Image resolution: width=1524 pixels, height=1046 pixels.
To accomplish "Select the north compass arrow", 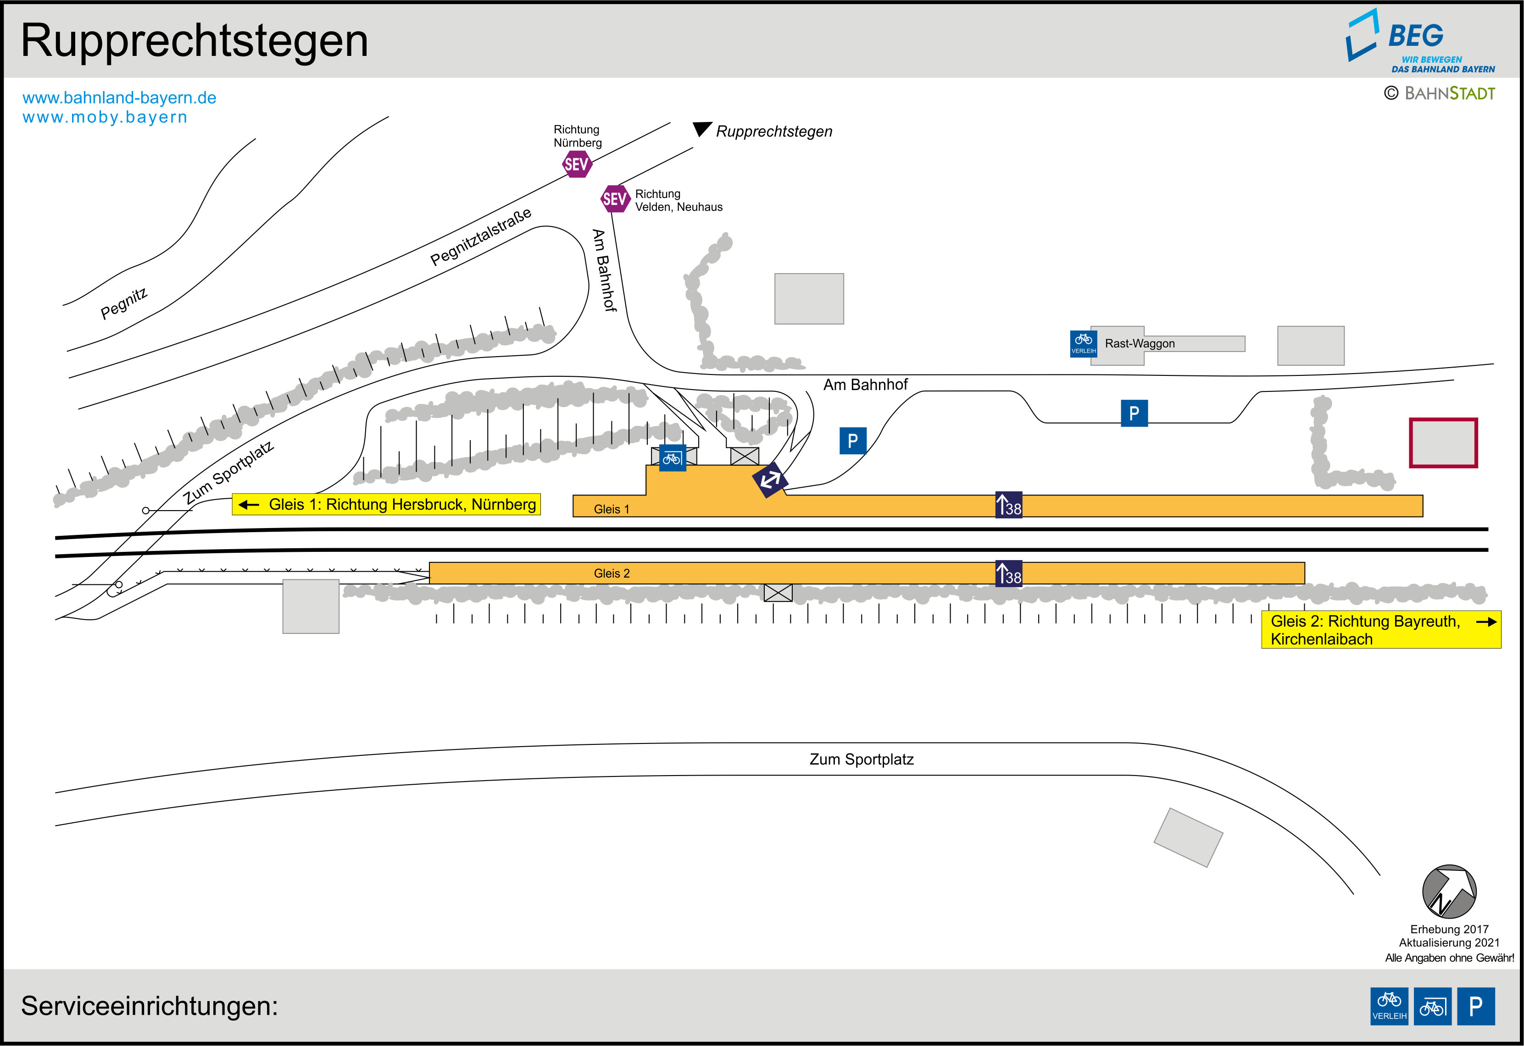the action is click(1449, 892).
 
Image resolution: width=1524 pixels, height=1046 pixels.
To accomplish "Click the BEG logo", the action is click(1420, 41).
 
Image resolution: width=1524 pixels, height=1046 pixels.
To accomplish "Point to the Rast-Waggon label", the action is click(1140, 343).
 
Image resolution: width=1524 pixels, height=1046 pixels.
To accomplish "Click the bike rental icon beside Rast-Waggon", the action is click(1083, 343).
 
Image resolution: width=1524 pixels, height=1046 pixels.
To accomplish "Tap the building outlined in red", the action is click(1443, 443).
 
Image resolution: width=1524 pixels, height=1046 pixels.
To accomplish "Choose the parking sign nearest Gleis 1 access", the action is click(852, 441).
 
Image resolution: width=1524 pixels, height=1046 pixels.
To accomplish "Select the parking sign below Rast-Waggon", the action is click(1134, 413).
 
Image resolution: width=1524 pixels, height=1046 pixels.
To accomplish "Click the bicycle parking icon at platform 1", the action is click(672, 458).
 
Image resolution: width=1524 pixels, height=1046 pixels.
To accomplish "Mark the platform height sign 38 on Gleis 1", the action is click(1008, 505).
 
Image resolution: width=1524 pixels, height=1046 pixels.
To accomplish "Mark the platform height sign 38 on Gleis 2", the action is click(1008, 573).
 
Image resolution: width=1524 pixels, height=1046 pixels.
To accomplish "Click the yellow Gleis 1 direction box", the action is click(386, 504).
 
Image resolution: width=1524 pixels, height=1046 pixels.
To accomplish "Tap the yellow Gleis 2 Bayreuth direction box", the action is click(1381, 630).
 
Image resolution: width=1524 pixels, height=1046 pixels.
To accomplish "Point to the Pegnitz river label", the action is click(124, 303).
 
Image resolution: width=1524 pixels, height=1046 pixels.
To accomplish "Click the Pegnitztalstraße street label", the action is click(481, 237).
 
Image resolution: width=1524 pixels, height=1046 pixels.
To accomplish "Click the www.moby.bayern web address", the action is click(105, 117).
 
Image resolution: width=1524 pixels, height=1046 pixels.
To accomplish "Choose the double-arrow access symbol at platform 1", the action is click(770, 480).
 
